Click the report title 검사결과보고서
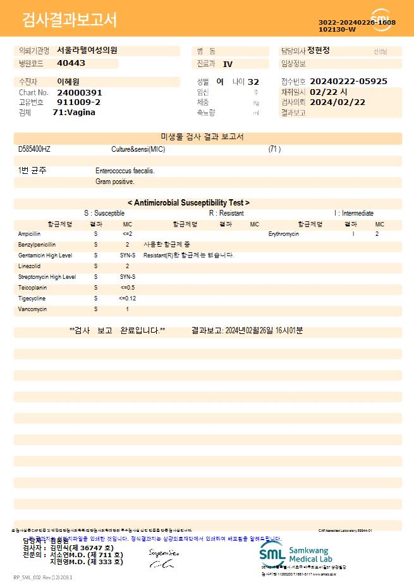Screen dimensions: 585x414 70,20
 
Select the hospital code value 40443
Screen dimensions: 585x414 71,63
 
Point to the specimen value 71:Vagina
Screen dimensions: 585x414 74,112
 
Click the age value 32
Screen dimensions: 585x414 253,82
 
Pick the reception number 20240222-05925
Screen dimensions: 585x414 348,82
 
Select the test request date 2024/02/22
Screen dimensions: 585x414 338,102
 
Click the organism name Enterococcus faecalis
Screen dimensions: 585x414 125,171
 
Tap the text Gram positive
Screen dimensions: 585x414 114,182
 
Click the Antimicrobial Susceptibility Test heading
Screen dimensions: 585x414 188,203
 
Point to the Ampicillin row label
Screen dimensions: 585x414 30,234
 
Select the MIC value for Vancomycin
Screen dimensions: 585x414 127,309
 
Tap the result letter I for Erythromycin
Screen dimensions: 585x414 353,234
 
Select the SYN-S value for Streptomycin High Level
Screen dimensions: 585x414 128,277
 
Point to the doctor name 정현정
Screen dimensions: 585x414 319,51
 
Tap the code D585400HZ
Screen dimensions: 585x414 34,149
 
